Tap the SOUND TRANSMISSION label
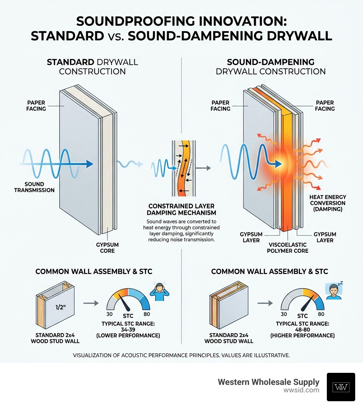(x=34, y=187)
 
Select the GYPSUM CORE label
(x=107, y=248)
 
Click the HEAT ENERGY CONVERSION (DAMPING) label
(x=328, y=203)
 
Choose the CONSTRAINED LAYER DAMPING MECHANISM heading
(x=181, y=209)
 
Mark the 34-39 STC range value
(x=131, y=330)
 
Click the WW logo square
(x=341, y=387)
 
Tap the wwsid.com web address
(x=301, y=390)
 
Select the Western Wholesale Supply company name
(x=268, y=382)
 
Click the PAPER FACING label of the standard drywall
(x=36, y=106)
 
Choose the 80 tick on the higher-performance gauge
(x=321, y=314)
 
